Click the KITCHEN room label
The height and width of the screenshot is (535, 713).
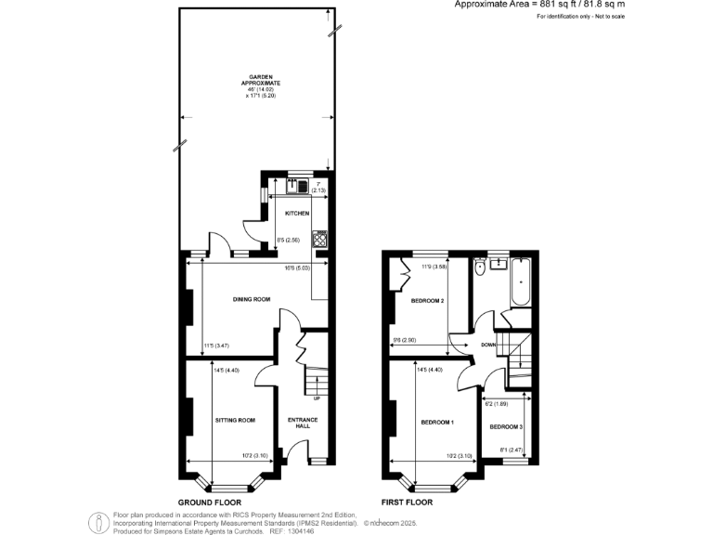pyautogui.click(x=297, y=214)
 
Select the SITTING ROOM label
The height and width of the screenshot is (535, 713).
pyautogui.click(x=234, y=420)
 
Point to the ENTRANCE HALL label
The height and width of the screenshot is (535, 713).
pyautogui.click(x=303, y=424)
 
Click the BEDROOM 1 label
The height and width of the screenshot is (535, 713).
pyautogui.click(x=436, y=423)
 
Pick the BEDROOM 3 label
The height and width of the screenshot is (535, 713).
pyautogui.click(x=507, y=426)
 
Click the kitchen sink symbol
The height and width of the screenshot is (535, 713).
pyautogui.click(x=301, y=185)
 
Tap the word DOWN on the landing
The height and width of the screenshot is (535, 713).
pyautogui.click(x=488, y=346)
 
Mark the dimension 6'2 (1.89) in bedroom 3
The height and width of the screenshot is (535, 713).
pyautogui.click(x=497, y=404)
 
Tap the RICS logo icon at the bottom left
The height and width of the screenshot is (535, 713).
pyautogui.click(x=97, y=522)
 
